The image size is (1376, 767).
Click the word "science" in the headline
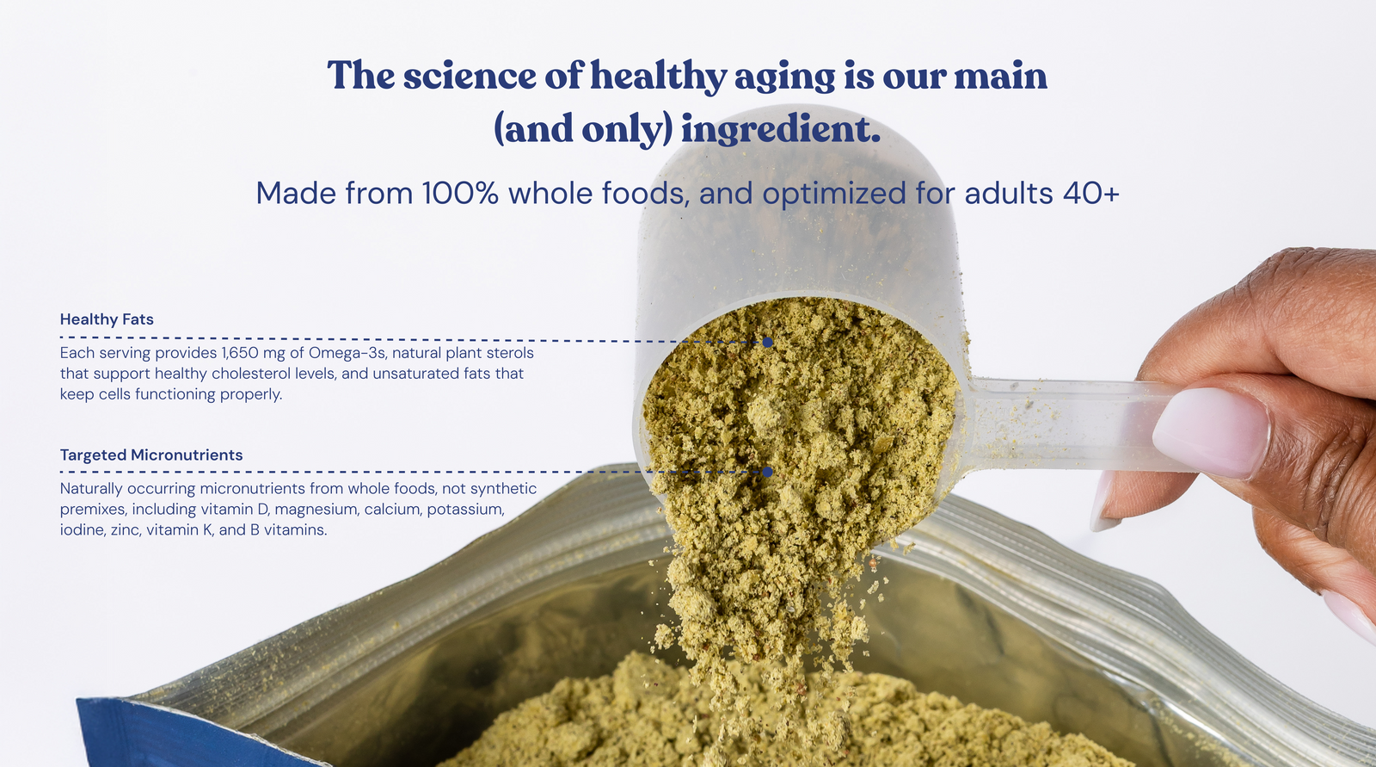(x=470, y=76)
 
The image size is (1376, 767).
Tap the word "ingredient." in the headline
(x=780, y=128)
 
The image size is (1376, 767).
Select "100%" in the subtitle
(x=460, y=193)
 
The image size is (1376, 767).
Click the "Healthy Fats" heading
(x=107, y=319)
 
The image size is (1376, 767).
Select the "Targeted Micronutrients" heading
(x=151, y=455)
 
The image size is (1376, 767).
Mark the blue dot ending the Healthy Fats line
(x=767, y=342)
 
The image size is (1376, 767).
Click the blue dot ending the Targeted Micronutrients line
(x=767, y=472)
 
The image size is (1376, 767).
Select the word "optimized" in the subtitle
(x=834, y=195)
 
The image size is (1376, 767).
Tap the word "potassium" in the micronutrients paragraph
(x=465, y=510)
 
